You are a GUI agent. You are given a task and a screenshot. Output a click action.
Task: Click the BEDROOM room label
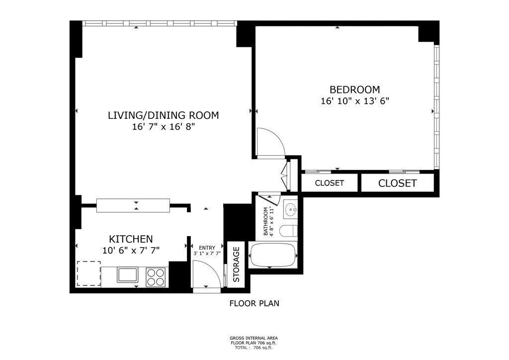[354, 90]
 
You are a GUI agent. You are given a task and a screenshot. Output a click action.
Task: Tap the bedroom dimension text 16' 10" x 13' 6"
[355, 101]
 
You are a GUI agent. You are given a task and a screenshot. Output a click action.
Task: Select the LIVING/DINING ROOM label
[163, 115]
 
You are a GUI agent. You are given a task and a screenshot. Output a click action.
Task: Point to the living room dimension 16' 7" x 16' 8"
[163, 127]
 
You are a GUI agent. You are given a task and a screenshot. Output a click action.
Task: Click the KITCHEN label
[131, 239]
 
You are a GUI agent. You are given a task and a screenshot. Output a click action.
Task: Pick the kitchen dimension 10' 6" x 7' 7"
[131, 251]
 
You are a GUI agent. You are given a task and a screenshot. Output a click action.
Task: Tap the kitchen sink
[128, 275]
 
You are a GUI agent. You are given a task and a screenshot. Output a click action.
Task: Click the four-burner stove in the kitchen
[156, 277]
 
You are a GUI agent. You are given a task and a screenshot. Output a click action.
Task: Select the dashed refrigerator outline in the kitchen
[88, 273]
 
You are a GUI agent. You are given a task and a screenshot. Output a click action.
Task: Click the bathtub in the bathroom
[273, 255]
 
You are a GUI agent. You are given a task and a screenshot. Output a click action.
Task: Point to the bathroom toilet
[289, 231]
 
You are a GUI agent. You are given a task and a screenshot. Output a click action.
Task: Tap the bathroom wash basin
[290, 209]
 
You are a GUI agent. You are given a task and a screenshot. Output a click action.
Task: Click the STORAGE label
[236, 265]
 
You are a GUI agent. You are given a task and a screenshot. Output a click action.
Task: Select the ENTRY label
[207, 248]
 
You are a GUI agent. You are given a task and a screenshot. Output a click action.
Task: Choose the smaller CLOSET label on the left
[329, 183]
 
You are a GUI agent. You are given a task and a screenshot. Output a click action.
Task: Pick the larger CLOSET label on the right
[397, 183]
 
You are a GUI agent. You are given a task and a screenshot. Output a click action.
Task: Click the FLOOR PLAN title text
[254, 303]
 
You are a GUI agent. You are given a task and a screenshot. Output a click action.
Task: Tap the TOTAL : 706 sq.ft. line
[254, 348]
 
